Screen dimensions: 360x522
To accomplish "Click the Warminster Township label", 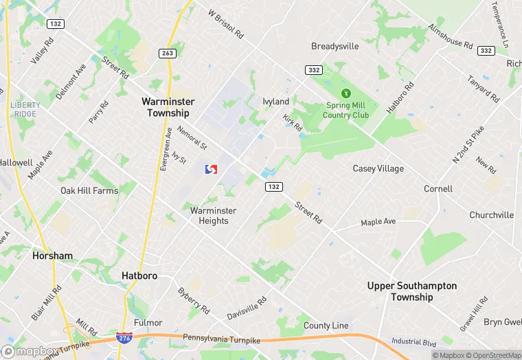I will point(168,106).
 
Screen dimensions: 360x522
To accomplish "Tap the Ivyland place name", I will point(276,101).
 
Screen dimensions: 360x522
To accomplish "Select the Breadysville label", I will point(335,46).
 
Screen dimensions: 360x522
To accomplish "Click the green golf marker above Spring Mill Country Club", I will point(346,93).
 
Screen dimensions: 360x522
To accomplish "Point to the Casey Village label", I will point(378,168).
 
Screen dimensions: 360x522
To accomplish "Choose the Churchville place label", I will point(491,215).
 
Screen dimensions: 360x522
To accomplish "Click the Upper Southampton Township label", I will point(411,291).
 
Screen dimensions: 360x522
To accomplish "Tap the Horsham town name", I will point(52,256).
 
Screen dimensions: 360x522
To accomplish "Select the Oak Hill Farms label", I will point(89,190).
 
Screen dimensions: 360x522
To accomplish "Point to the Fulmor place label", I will point(148,322).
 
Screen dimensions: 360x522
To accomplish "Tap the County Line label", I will point(326,326).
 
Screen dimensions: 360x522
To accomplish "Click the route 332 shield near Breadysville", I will point(313,69).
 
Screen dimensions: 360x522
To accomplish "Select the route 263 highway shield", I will point(167,53).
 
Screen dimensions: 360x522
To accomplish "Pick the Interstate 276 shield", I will point(124,338).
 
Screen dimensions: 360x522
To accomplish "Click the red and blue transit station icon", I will point(212,168).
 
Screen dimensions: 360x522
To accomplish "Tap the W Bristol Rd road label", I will point(226,23).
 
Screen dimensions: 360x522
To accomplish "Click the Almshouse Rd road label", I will point(450,36).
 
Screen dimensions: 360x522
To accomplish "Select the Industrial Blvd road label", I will point(414,341).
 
